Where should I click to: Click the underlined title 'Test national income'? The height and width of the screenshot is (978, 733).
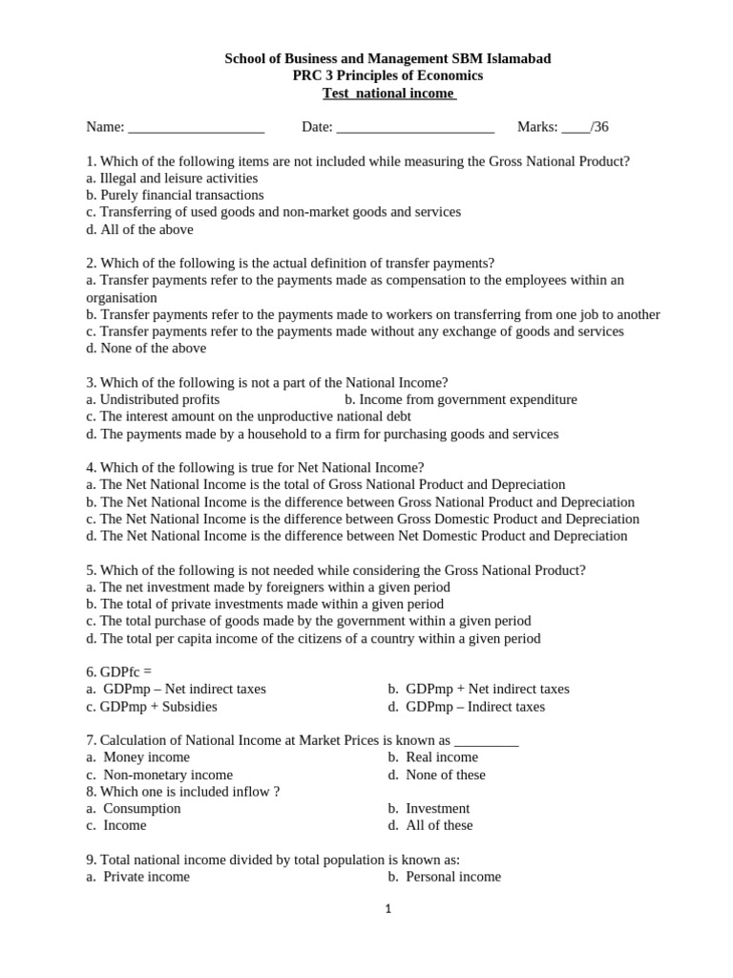coord(389,93)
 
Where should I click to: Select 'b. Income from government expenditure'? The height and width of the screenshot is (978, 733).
coord(461,399)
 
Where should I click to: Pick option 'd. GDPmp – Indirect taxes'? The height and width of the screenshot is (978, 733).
coord(467,707)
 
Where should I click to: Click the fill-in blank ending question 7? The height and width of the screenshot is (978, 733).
coord(487,741)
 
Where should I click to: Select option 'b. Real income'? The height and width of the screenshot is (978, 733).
coord(433,757)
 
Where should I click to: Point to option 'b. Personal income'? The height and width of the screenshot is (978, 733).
coord(445,877)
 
